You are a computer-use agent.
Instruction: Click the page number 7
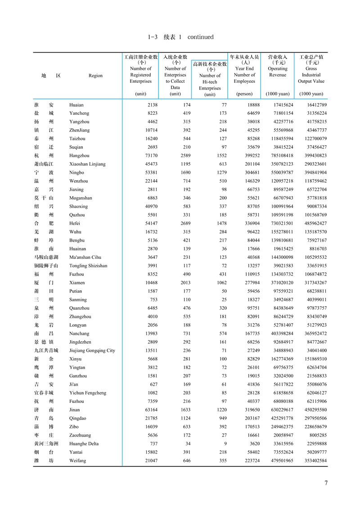(326, 483)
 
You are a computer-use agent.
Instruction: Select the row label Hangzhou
(79, 155)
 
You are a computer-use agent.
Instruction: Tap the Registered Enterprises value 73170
(144, 155)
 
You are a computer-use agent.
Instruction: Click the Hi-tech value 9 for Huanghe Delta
(225, 444)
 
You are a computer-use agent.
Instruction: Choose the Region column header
(96, 76)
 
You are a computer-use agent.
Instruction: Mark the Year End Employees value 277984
(245, 283)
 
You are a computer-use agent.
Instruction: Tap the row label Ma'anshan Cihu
(85, 257)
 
